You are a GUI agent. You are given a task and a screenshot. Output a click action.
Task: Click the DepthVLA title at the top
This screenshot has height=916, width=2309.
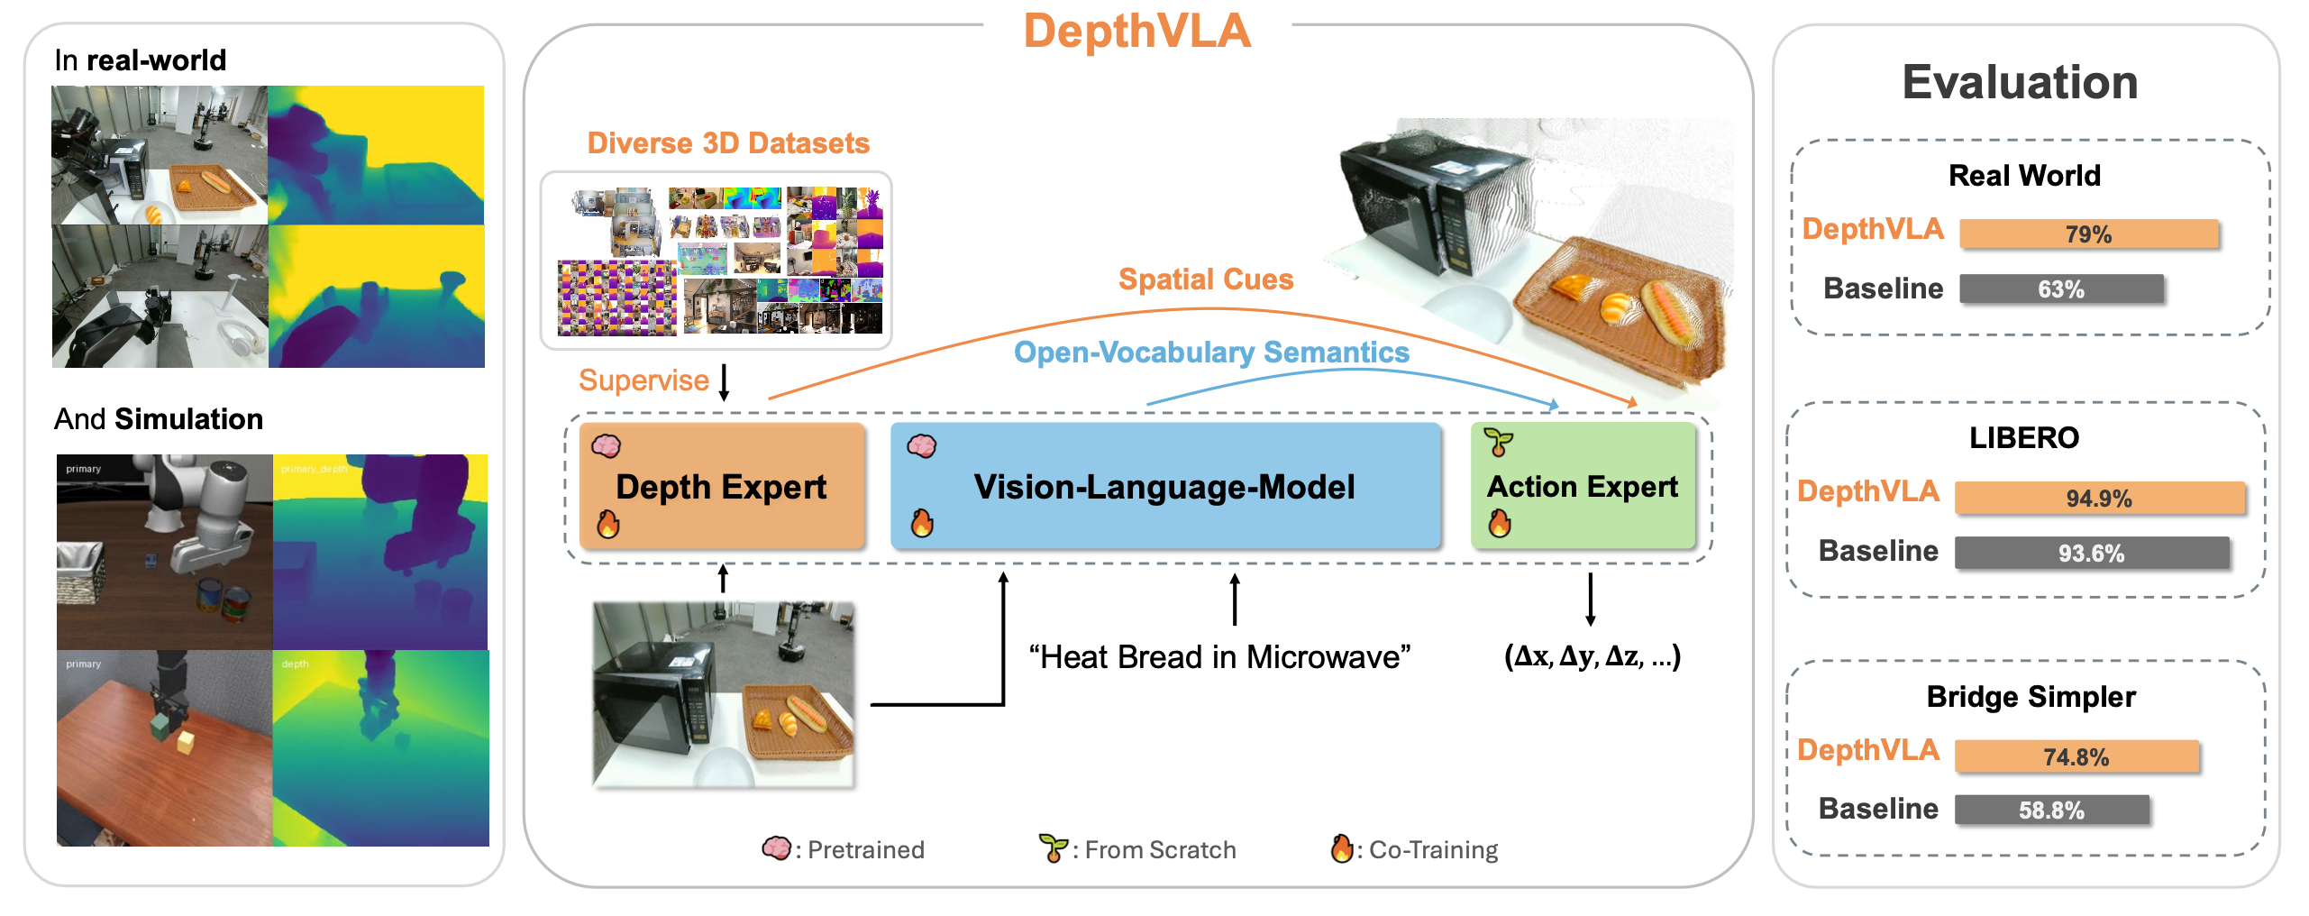1136,32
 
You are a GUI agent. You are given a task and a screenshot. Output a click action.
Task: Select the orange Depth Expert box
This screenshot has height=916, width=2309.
721,486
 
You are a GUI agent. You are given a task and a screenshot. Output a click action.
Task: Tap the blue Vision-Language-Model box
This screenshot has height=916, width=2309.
1164,486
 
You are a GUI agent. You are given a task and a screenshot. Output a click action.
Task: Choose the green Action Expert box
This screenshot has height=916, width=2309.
1582,486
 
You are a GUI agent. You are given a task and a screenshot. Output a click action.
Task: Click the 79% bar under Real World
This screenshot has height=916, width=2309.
2088,234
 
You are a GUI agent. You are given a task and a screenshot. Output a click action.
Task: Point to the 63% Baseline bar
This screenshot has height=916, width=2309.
2061,289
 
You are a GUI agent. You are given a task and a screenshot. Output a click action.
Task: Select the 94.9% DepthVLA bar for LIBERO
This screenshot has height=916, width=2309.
2099,499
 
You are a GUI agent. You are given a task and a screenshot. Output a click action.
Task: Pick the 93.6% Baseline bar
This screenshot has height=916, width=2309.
2091,553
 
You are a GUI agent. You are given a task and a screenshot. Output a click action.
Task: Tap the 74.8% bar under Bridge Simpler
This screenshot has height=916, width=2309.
2076,757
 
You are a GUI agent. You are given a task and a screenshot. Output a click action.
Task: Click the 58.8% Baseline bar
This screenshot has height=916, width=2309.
2051,811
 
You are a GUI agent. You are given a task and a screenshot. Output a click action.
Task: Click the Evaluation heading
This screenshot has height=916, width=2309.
2020,83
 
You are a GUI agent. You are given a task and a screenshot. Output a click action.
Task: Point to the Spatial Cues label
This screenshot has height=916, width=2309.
1205,279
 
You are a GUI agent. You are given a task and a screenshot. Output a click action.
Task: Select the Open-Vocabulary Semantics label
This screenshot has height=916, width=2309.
1211,353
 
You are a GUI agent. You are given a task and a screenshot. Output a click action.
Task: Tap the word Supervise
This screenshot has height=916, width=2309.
643,380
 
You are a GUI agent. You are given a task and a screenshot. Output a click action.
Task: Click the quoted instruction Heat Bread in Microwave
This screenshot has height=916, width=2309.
1219,657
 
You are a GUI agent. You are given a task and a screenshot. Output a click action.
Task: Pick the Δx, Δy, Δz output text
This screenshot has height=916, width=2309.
1592,656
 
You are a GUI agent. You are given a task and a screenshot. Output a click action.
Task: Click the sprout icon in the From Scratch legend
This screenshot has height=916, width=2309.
1051,848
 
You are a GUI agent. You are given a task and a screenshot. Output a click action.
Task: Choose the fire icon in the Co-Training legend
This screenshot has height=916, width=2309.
1341,848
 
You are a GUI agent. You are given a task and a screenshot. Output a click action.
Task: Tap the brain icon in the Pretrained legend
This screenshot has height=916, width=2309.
776,848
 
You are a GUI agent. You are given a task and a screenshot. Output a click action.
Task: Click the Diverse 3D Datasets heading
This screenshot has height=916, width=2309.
728,143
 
